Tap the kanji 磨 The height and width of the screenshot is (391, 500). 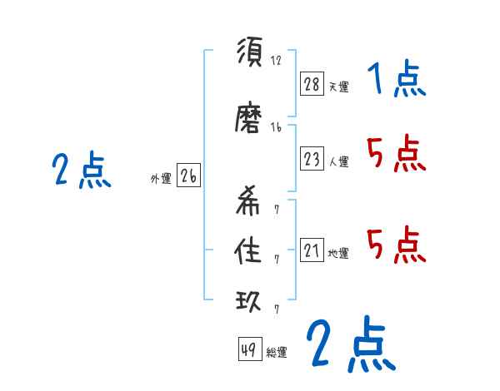tap(250, 121)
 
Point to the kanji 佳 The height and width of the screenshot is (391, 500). tap(250, 253)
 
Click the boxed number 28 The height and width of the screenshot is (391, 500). tap(312, 85)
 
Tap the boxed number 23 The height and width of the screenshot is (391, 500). tap(312, 160)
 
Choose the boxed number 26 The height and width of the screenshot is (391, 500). tap(188, 176)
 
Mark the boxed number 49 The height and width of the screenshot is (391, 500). tap(248, 350)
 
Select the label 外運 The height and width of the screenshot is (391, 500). tap(160, 179)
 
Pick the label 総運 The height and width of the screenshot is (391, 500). tap(277, 353)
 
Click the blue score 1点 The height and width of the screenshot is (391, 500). tap(397, 81)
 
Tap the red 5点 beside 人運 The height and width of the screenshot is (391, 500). tap(397, 153)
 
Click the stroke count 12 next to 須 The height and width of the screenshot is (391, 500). tap(277, 60)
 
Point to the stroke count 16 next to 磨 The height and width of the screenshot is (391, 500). tap(277, 127)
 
